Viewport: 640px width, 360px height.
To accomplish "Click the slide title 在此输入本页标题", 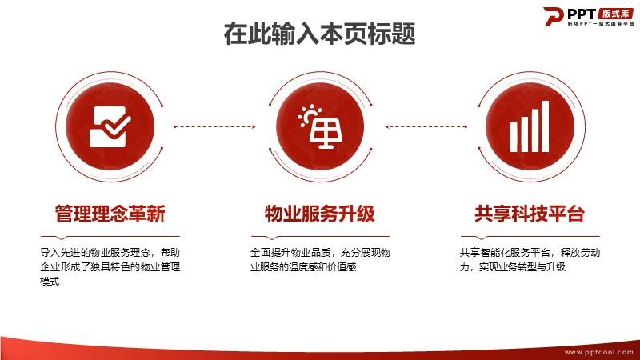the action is pyautogui.click(x=319, y=34).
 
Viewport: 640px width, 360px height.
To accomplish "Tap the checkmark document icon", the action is pyautogui.click(x=110, y=126).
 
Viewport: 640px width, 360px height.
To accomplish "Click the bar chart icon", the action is pyautogui.click(x=530, y=126).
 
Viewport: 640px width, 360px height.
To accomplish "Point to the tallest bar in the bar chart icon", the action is pyautogui.click(x=546, y=126).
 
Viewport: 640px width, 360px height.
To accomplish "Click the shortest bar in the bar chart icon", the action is pyautogui.click(x=514, y=137).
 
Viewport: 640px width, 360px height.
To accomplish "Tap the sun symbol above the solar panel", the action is pyautogui.click(x=309, y=115).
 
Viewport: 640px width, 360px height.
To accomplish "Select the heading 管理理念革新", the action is pyautogui.click(x=110, y=214).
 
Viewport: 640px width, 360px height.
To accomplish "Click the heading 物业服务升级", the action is pyautogui.click(x=320, y=214).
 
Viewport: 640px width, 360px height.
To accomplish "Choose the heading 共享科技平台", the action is pyautogui.click(x=530, y=214).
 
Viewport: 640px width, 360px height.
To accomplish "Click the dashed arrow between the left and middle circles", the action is pyautogui.click(x=214, y=126).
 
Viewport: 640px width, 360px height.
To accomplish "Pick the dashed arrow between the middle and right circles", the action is pyautogui.click(x=426, y=126).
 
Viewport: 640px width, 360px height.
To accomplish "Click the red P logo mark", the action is pyautogui.click(x=554, y=16).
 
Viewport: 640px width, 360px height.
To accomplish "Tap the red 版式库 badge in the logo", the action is pyautogui.click(x=616, y=14).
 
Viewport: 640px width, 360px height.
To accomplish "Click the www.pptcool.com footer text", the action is pyautogui.click(x=599, y=352).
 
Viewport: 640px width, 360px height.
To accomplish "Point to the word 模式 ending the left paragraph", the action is pyautogui.click(x=50, y=282).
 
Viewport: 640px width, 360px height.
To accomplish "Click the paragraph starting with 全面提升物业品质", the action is pyautogui.click(x=321, y=259).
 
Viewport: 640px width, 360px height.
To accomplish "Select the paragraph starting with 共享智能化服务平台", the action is pyautogui.click(x=530, y=259).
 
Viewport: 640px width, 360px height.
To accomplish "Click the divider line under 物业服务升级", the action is pyautogui.click(x=321, y=237).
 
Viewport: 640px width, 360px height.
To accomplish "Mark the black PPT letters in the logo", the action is pyautogui.click(x=582, y=14).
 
